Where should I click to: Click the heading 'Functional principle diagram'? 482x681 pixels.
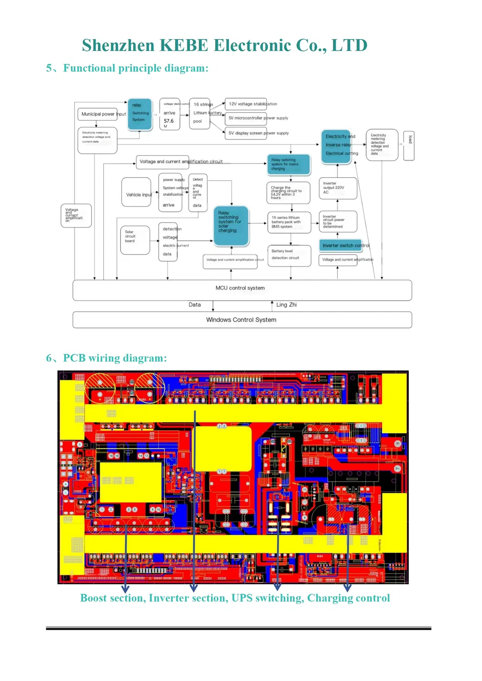136,68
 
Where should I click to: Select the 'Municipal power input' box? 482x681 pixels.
98,114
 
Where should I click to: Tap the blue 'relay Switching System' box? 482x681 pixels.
140,114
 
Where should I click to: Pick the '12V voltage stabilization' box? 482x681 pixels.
246,104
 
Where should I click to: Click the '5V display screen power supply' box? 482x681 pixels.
246,133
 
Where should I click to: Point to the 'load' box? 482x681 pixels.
409,144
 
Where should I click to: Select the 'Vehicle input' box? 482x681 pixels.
136,193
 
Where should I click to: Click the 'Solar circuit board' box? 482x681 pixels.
135,240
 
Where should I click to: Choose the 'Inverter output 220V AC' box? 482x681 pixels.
337,188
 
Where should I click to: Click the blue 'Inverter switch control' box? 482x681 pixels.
341,245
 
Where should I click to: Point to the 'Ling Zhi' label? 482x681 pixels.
286,305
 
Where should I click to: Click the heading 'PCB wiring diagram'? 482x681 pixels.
115,358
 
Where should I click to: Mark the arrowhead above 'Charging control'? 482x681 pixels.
347,587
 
